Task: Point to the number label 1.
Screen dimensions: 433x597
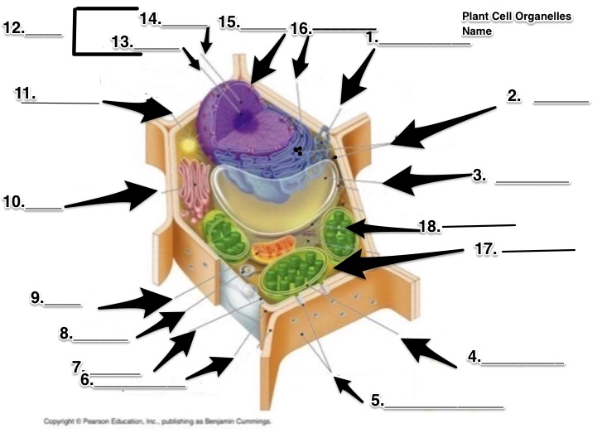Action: (372, 37)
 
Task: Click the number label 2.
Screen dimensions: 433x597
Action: (514, 95)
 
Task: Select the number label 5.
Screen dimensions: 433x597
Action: (377, 401)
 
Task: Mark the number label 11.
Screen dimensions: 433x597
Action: (25, 94)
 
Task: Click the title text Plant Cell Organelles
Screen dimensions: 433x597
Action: (516, 17)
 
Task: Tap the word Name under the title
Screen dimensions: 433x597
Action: (477, 31)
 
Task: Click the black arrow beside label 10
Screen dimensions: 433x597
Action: (112, 195)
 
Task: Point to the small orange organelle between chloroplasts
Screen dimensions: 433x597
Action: (267, 246)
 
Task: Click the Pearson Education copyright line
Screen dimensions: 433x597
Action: (156, 421)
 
